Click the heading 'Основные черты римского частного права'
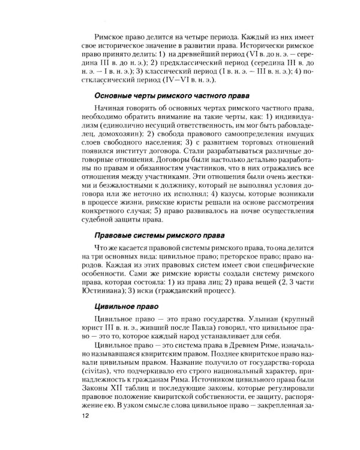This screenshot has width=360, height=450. pos(172,96)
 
